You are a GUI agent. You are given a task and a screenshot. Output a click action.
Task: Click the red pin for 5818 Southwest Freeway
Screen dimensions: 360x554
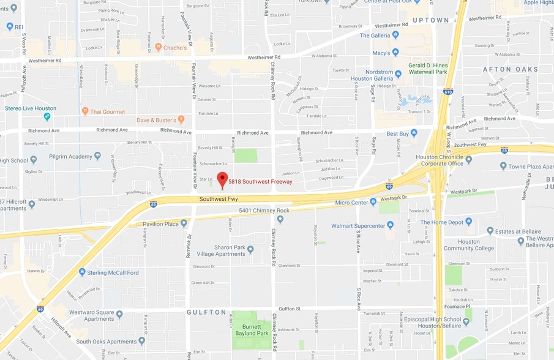(222, 179)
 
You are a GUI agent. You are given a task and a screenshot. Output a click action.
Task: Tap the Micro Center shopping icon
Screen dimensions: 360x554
(373, 202)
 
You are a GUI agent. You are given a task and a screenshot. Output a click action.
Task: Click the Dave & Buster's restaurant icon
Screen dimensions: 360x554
(181, 120)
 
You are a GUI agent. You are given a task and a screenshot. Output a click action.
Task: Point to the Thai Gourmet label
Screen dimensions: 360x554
(107, 111)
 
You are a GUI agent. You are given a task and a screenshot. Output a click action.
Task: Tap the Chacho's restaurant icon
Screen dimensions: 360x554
(159, 47)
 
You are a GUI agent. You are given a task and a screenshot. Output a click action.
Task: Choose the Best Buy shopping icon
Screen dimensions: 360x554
(414, 133)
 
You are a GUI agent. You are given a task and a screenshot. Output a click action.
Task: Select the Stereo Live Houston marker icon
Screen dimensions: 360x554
(47, 116)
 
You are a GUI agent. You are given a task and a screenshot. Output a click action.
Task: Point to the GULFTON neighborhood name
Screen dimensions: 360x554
(206, 312)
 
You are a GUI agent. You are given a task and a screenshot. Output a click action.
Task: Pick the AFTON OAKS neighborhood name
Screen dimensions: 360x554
(510, 69)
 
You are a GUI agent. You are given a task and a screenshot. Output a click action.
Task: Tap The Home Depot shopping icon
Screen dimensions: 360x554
(468, 222)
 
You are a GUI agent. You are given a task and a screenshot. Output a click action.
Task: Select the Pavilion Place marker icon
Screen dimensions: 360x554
(184, 224)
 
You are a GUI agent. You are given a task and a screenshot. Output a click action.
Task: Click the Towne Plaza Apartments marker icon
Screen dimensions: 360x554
(503, 166)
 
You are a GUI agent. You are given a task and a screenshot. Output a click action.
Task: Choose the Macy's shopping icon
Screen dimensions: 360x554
(395, 53)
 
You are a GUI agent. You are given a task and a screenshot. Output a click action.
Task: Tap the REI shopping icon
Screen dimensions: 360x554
(9, 27)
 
